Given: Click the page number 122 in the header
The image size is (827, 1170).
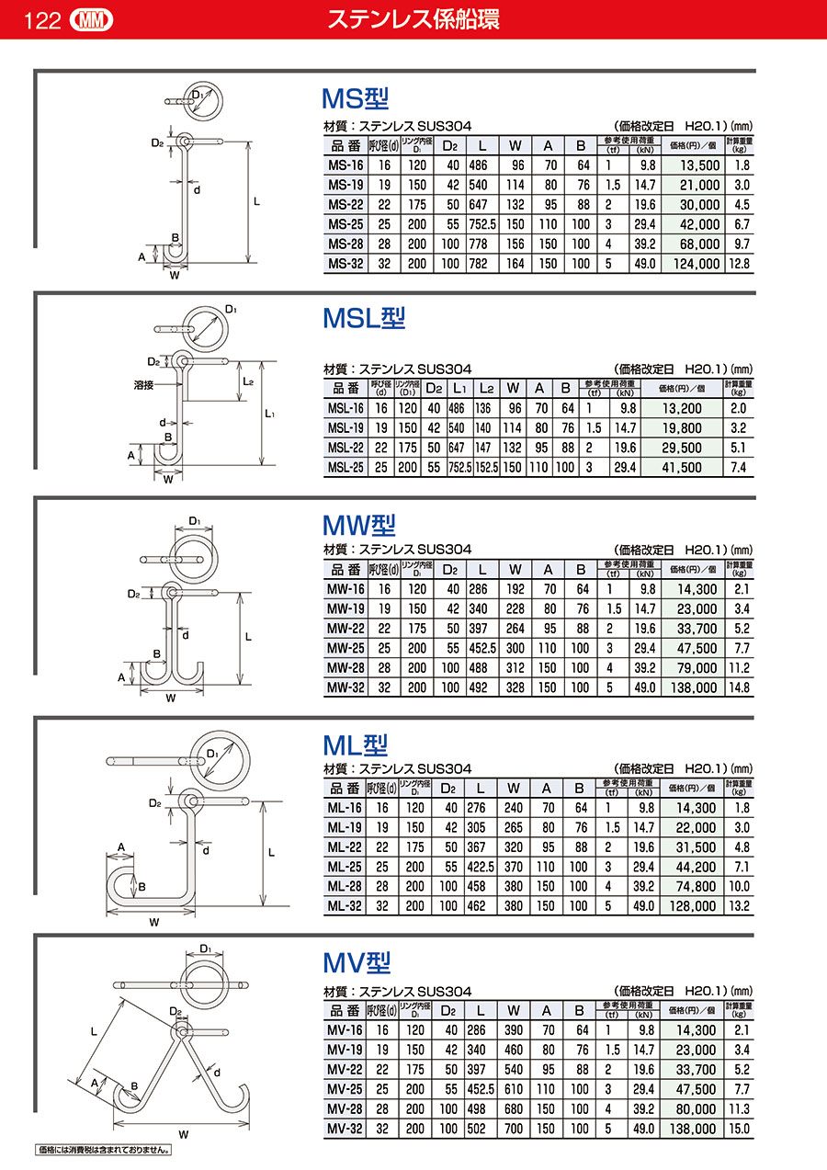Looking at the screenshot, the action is (42, 21).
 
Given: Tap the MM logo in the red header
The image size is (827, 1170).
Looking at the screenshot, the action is (91, 21).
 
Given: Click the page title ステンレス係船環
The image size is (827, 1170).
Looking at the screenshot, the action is (413, 19).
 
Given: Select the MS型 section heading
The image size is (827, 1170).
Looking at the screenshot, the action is (356, 98).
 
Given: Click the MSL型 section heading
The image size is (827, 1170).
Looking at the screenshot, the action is (364, 318).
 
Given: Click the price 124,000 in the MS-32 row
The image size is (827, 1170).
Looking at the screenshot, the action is (697, 264).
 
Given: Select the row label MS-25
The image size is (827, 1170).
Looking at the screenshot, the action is (346, 224).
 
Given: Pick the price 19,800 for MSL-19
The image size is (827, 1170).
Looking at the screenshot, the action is (682, 428).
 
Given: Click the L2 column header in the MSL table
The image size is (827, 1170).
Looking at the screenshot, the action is (486, 388).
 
